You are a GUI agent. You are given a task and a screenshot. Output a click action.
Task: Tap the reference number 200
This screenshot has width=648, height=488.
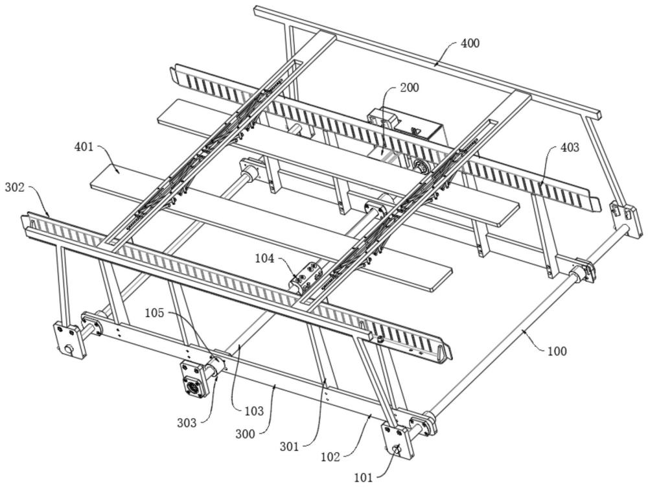pos(410,87)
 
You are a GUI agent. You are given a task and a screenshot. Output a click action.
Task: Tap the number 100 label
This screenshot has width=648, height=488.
pos(557,351)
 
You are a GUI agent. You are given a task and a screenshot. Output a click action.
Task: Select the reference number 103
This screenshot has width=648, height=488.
pos(254,410)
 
